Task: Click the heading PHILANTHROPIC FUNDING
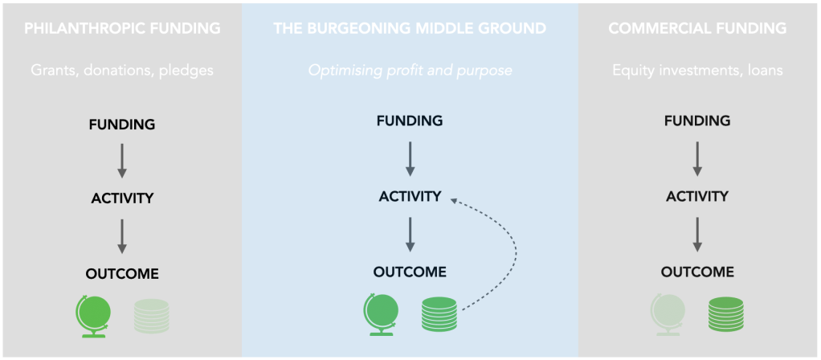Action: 122,28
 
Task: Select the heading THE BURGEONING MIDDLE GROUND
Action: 410,28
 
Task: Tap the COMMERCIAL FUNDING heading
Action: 697,28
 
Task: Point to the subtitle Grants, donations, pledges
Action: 122,71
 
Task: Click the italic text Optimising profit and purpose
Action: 410,71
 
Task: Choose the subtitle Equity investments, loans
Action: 697,71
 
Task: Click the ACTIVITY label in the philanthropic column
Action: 122,198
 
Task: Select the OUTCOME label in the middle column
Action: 410,272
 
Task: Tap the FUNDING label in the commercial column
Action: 697,121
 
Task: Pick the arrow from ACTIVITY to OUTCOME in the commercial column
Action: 697,235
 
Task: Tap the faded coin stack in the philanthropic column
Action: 151,317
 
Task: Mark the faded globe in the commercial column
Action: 668,316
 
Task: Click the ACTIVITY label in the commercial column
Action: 697,197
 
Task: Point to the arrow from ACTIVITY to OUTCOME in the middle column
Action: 410,235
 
